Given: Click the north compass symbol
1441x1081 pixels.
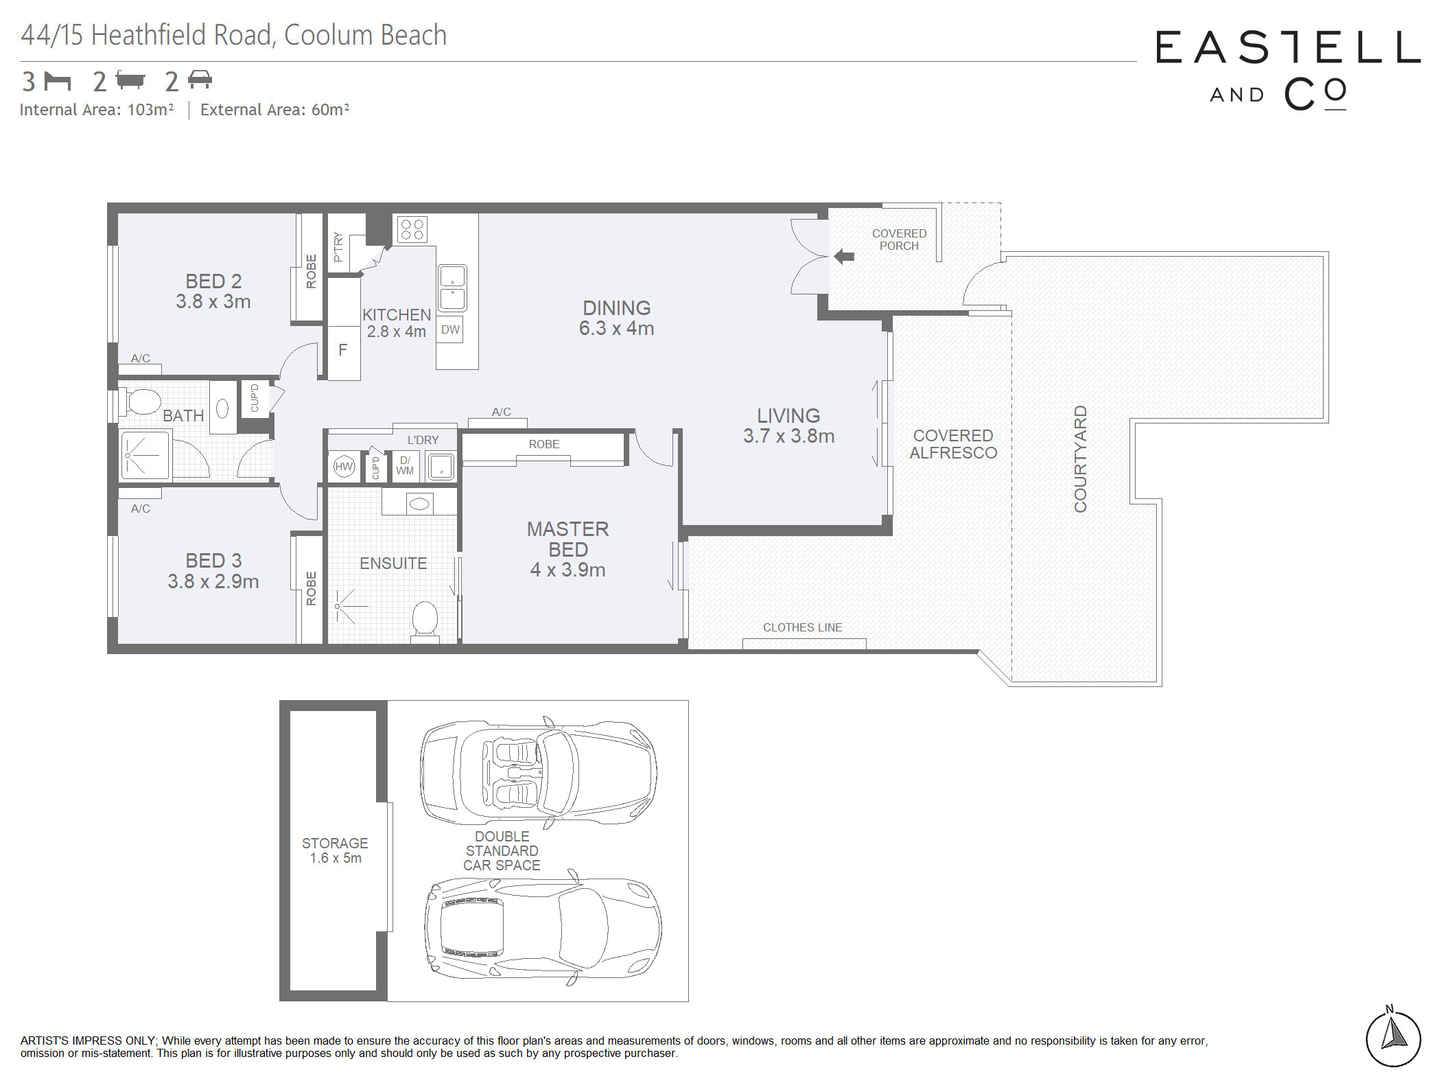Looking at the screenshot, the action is point(1393,1037).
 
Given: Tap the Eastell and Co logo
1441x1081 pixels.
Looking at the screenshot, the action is point(1288,69).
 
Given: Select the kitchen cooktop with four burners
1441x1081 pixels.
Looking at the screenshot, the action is point(412,229).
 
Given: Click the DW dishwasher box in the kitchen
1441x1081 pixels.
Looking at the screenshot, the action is point(450,329).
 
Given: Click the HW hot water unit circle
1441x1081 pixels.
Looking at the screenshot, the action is point(344,467).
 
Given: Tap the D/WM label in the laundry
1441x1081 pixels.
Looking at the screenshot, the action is point(405,465).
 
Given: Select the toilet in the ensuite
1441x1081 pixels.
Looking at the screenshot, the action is point(425,622).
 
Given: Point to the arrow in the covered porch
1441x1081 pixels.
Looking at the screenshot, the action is point(844,257).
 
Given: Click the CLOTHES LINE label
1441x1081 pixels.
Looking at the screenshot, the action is point(802,627).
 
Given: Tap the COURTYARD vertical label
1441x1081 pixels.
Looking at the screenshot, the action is point(1080,458).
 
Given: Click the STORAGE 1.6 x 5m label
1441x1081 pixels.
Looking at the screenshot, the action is point(335,850).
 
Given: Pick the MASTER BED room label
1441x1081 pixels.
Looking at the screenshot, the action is point(568,539).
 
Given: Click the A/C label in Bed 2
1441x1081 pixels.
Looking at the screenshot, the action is point(141,358).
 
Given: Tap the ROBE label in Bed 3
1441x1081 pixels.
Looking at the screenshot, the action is point(311,588).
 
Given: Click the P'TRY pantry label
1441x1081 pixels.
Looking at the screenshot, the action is point(338,246).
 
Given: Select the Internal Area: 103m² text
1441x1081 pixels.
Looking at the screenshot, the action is point(97,110).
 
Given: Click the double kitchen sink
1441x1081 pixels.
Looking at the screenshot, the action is point(452,288).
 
